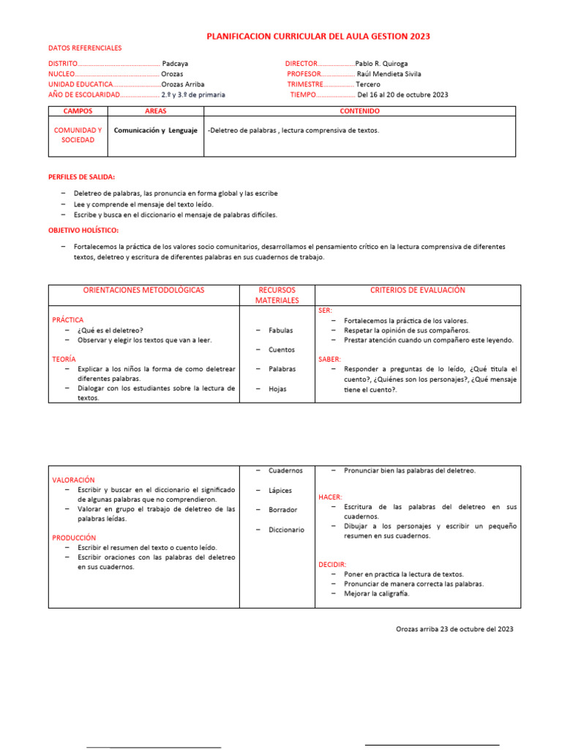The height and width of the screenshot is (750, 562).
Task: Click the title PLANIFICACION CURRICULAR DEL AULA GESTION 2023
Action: pos(318,36)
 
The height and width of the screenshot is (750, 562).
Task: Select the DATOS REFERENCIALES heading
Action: pos(85,48)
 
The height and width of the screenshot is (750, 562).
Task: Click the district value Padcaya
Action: pos(175,64)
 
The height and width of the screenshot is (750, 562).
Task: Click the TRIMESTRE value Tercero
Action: pos(368,84)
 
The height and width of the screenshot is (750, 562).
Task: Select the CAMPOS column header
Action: pos(78,111)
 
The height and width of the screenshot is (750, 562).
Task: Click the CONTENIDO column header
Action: pos(359,111)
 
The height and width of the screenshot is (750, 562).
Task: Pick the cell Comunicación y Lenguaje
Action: pos(156,130)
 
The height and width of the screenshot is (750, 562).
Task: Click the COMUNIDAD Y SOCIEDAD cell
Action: pos(78,135)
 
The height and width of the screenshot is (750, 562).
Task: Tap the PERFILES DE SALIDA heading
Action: pos(81,177)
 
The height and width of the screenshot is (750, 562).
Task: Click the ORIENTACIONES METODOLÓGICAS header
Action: pos(144,290)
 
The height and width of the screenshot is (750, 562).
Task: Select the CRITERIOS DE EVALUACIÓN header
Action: pos(418,290)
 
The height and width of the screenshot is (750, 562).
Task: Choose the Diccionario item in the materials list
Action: pos(286,530)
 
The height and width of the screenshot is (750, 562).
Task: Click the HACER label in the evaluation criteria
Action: pos(331,497)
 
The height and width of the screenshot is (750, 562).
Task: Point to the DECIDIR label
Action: pos(332,565)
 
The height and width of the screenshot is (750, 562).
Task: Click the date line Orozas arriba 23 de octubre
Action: pos(454,629)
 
